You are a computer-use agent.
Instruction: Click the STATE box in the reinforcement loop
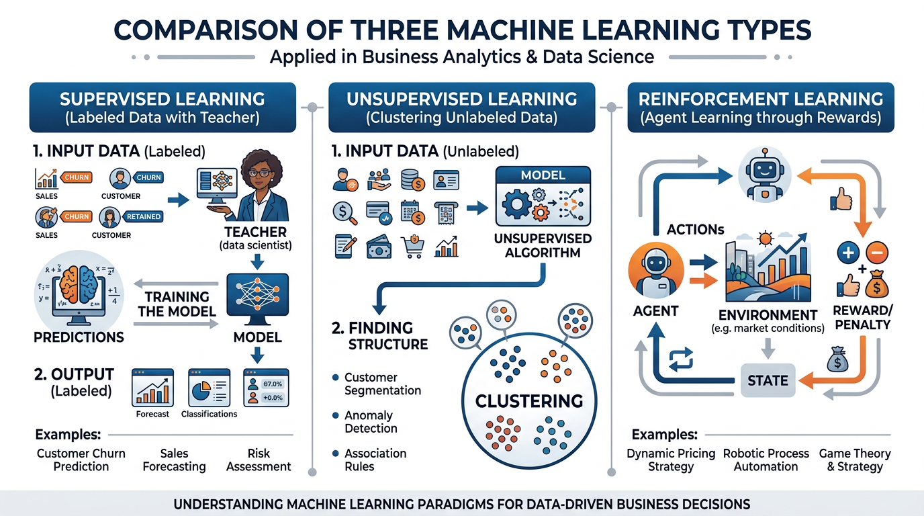[768, 380]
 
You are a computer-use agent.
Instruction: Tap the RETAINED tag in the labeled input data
[142, 216]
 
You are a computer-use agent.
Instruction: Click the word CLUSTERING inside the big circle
[529, 401]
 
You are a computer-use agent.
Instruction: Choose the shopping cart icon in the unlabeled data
[411, 247]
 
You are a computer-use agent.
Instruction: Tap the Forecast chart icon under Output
[152, 387]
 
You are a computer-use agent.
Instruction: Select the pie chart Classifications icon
[208, 387]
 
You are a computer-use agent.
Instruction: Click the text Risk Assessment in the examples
[259, 460]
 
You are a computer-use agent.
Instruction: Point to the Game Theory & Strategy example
[855, 460]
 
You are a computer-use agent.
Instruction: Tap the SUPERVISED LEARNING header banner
[163, 107]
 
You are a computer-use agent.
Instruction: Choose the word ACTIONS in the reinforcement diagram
[694, 230]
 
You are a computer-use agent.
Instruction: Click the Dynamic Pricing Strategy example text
[670, 460]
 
